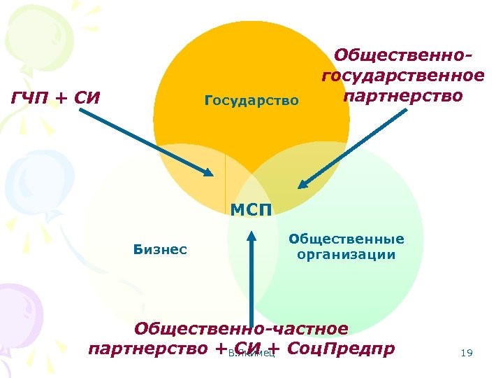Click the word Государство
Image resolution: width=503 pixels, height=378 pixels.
click(251, 101)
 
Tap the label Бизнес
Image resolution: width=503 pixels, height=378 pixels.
click(159, 249)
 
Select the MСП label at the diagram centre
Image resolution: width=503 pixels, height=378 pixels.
click(251, 209)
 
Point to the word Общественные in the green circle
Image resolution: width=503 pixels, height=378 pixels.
click(347, 239)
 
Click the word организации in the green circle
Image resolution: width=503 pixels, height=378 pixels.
click(346, 255)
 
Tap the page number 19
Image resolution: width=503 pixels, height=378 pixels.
click(467, 353)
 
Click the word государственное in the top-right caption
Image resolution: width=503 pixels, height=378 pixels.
click(402, 75)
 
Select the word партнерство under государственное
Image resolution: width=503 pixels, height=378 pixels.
click(402, 94)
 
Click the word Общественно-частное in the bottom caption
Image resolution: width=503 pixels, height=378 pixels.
click(241, 329)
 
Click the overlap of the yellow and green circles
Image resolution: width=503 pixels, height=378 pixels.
click(245, 266)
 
